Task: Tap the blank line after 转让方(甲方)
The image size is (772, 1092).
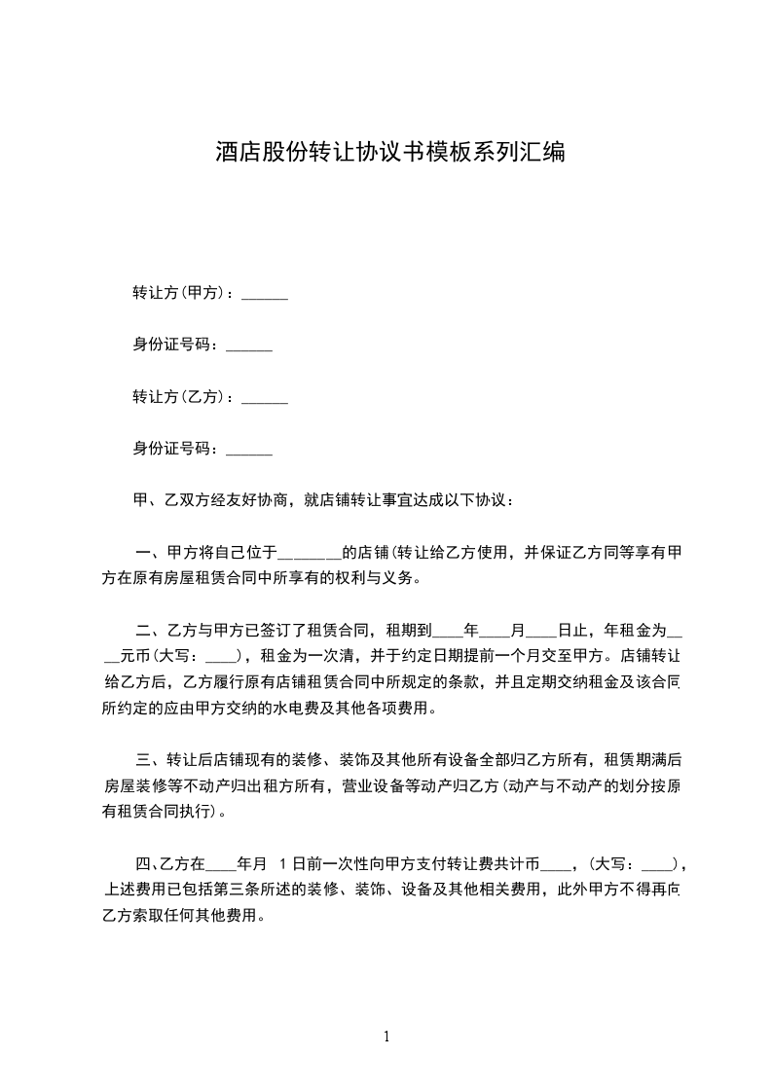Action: coord(264,294)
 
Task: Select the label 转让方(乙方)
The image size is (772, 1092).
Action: coord(180,397)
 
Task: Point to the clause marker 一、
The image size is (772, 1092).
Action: coord(144,552)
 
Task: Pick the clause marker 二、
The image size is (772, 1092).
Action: coord(144,630)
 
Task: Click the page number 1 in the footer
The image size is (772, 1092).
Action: coord(386,1037)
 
